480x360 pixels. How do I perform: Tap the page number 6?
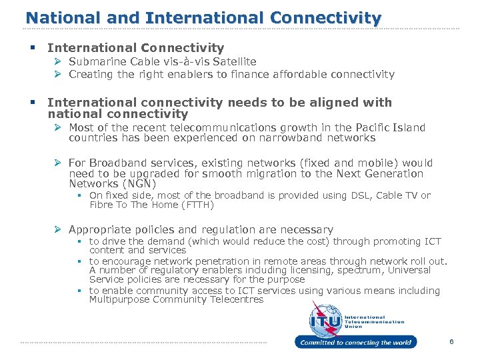(x=451, y=342)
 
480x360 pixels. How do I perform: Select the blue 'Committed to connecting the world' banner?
(x=355, y=343)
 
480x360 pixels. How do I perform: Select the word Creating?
(x=91, y=74)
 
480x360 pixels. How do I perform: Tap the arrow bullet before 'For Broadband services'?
(x=59, y=163)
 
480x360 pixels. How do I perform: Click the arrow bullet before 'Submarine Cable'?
(x=59, y=61)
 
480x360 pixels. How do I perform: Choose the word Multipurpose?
(x=119, y=300)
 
